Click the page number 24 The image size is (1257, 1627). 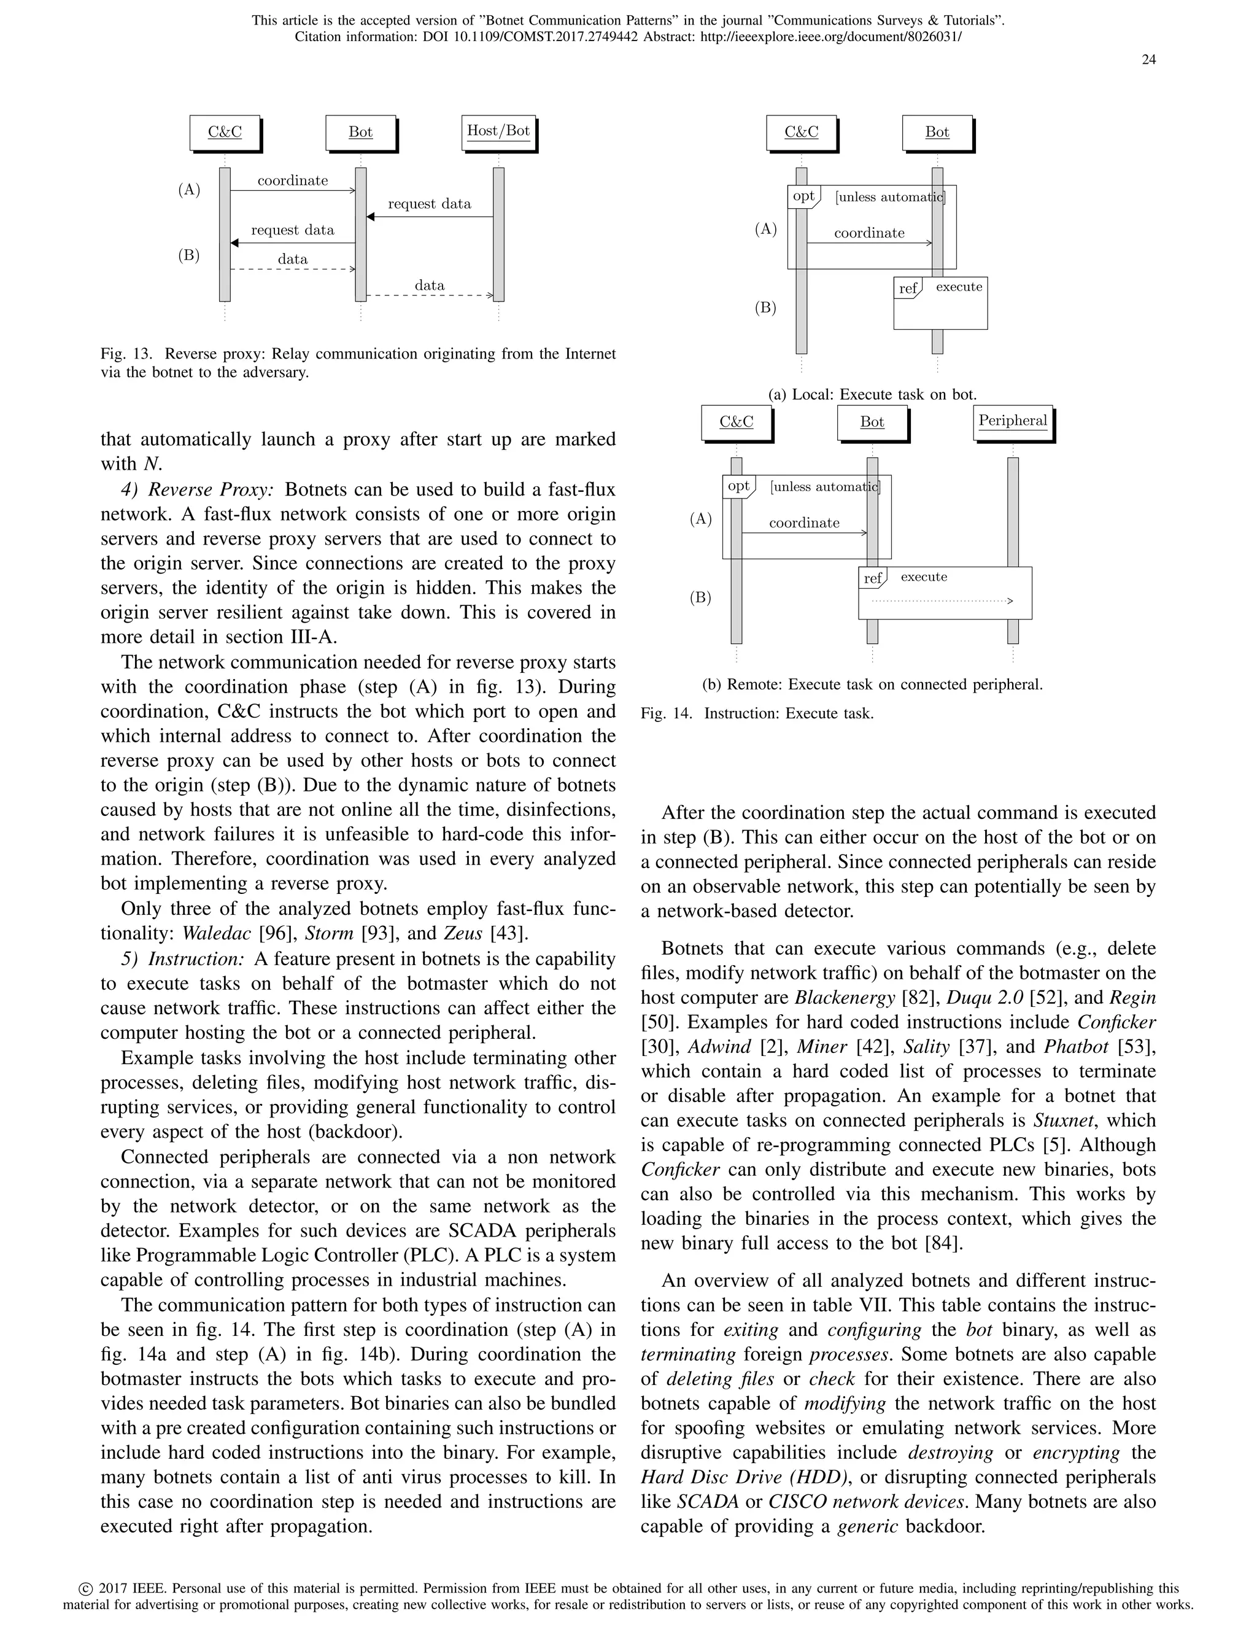click(x=1148, y=60)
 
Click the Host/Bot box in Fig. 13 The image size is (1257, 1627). click(x=498, y=131)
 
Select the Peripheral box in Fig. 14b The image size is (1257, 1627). click(x=1012, y=421)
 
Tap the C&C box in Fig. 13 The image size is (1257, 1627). click(x=225, y=133)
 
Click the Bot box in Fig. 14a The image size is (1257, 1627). click(x=937, y=133)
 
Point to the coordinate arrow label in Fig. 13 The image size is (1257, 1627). click(x=293, y=181)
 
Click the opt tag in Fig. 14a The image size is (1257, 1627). click(x=803, y=196)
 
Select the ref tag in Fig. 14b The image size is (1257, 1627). click(x=872, y=578)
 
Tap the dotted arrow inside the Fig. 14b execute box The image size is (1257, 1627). click(x=942, y=600)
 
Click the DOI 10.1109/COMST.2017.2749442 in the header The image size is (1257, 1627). click(x=545, y=36)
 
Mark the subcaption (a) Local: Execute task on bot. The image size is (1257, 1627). click(x=872, y=395)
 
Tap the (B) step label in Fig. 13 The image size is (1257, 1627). click(x=188, y=255)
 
